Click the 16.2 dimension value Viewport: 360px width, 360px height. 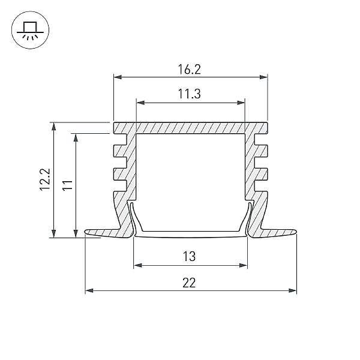click(x=190, y=70)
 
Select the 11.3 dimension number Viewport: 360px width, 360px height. click(x=190, y=94)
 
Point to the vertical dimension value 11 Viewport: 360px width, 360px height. click(x=68, y=185)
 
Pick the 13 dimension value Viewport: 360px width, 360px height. click(x=190, y=256)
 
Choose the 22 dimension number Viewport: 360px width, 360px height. click(x=189, y=283)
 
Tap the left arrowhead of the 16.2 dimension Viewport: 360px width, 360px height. click(x=118, y=77)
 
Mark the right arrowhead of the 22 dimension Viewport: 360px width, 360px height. click(x=293, y=290)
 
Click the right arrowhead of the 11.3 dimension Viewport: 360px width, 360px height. click(x=241, y=103)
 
